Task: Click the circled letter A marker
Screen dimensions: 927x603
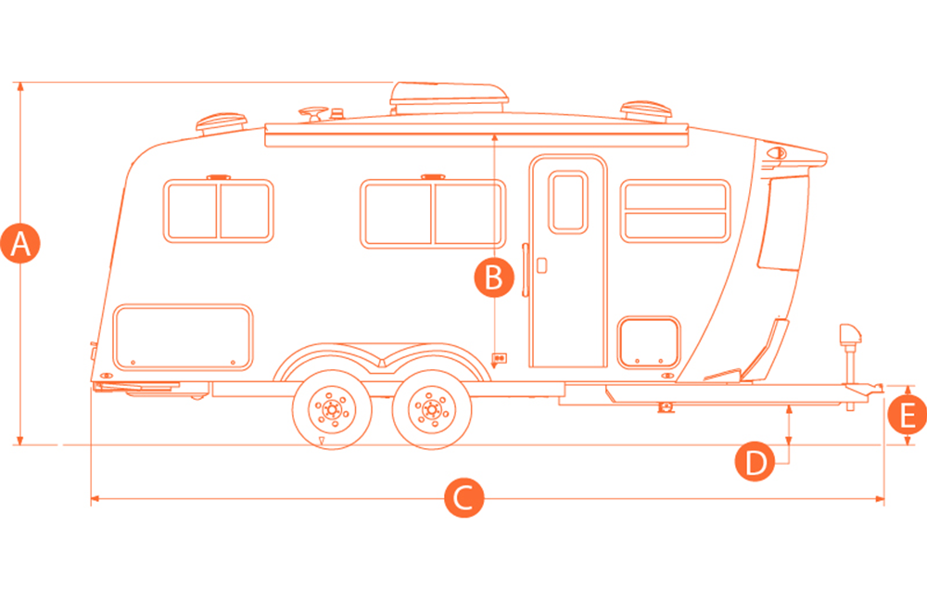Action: click(20, 243)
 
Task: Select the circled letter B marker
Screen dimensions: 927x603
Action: click(494, 277)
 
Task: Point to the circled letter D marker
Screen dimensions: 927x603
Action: click(755, 461)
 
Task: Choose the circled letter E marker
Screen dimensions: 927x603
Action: click(907, 415)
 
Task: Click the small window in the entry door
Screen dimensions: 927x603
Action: click(568, 202)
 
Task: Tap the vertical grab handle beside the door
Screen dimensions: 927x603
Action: click(525, 269)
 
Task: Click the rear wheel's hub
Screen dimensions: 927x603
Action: click(332, 409)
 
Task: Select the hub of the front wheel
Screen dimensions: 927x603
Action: click(432, 409)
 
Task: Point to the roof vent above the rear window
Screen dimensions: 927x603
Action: click(222, 122)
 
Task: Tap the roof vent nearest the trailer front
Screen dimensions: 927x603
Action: click(645, 112)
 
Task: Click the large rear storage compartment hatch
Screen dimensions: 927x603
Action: click(184, 338)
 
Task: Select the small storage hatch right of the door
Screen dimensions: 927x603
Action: click(649, 342)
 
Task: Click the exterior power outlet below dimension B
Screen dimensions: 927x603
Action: click(500, 358)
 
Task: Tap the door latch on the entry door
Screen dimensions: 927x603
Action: click(541, 265)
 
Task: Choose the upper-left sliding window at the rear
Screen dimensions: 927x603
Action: click(218, 211)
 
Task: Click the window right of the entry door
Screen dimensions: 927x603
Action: click(675, 212)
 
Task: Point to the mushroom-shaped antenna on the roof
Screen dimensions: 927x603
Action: click(313, 113)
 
